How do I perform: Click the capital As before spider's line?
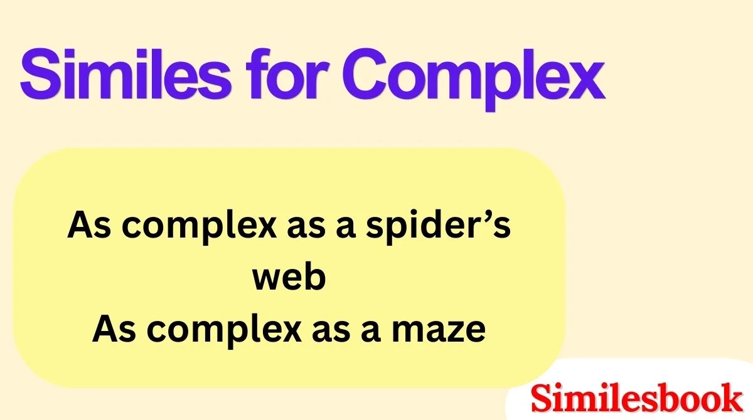[x=85, y=225]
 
